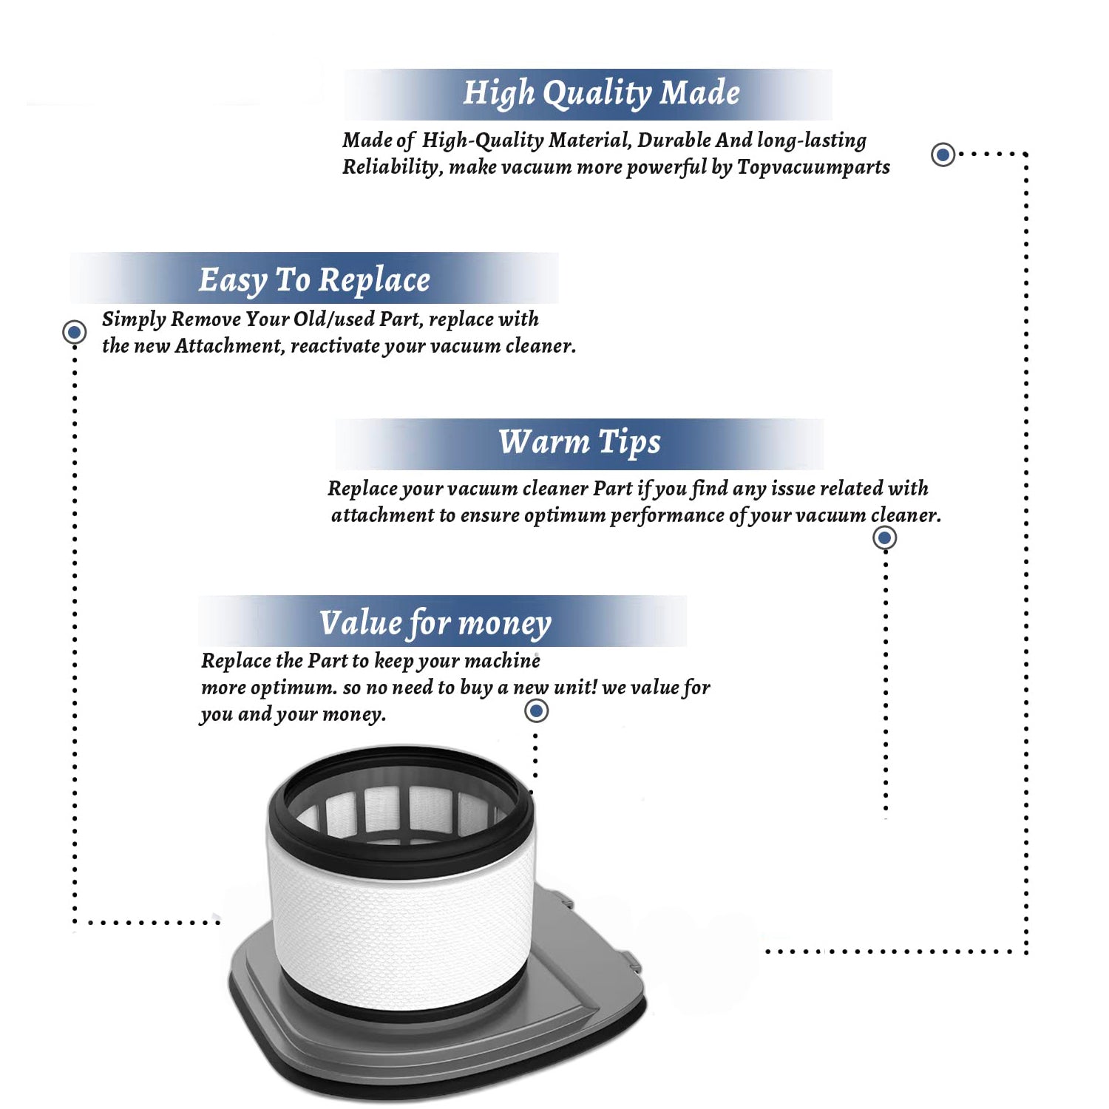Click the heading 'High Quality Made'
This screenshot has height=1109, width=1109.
[x=601, y=94]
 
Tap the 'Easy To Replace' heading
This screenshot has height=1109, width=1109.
[x=314, y=280]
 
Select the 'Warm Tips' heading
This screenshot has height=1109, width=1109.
[x=579, y=442]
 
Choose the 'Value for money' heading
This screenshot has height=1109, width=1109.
[x=435, y=623]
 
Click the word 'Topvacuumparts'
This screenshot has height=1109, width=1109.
[x=813, y=167]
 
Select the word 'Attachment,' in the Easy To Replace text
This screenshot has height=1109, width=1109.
[x=229, y=346]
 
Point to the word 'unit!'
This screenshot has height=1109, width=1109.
[x=575, y=688]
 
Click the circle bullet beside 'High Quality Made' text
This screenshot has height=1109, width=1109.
[x=943, y=155]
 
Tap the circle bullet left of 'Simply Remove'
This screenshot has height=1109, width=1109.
[x=74, y=332]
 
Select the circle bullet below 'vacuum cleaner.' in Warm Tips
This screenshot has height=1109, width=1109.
[x=884, y=537]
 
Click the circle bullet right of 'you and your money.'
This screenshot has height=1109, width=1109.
[x=536, y=711]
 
